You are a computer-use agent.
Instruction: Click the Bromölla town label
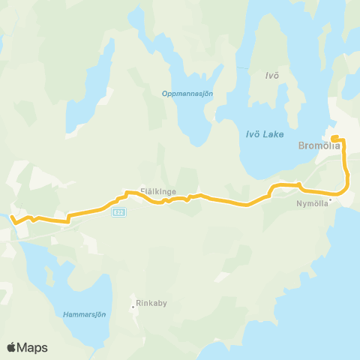(319, 146)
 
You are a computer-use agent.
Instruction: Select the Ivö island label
(272, 76)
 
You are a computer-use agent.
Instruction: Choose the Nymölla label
(312, 202)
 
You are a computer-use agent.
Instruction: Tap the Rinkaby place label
(149, 306)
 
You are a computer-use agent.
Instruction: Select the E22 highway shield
(118, 213)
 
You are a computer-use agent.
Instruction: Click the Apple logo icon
(12, 347)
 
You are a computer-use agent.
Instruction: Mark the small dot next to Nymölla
(330, 202)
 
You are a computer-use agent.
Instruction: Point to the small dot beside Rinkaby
(133, 306)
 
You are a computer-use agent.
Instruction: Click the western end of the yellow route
(12, 217)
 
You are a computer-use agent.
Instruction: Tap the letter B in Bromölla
(301, 146)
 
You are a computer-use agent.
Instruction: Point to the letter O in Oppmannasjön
(164, 94)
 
